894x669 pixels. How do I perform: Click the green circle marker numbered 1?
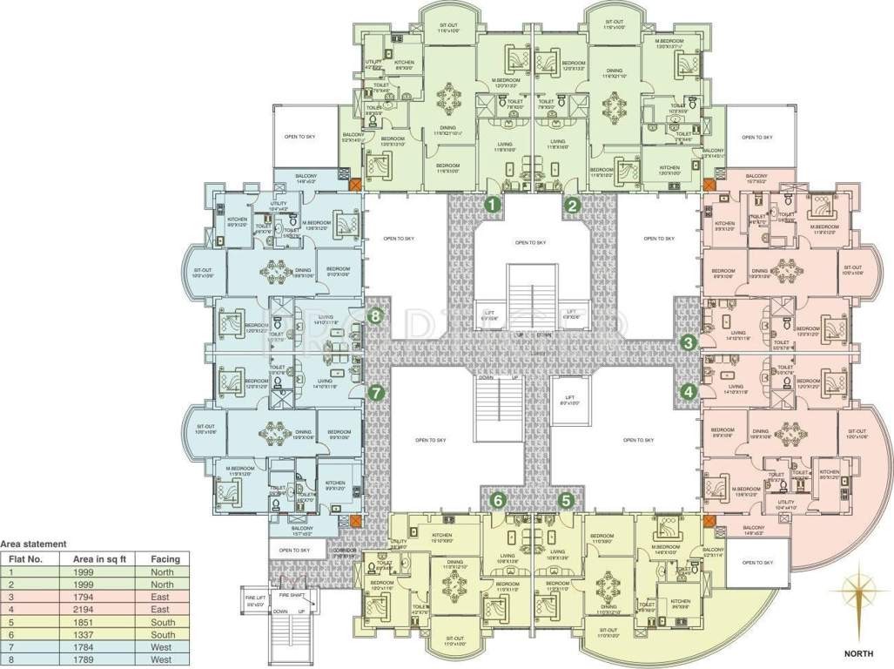[x=492, y=206]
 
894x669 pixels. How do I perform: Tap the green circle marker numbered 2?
[x=573, y=206]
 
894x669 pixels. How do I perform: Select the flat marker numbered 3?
[x=689, y=342]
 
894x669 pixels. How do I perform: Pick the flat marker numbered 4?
[x=689, y=392]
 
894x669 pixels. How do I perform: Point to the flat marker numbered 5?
[x=567, y=500]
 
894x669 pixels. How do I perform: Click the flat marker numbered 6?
[x=498, y=500]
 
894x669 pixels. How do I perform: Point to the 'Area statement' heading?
[x=34, y=543]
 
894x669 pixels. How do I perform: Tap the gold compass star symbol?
[x=860, y=594]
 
